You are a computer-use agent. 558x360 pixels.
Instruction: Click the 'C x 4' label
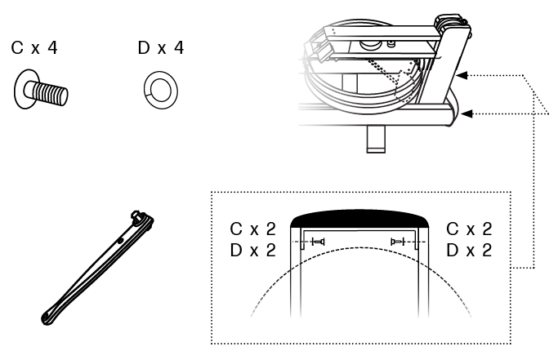tap(34, 47)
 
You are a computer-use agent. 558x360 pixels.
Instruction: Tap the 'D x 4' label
tap(161, 47)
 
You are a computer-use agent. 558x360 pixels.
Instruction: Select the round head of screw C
tap(22, 89)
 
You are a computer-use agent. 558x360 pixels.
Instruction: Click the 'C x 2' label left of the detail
tap(252, 229)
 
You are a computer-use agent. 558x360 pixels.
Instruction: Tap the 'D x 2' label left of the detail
tap(252, 251)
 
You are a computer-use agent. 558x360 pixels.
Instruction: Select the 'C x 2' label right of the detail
tap(469, 229)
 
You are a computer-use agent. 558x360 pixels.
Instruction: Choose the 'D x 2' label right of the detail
tap(469, 251)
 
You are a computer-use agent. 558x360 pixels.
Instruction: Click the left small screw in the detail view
tap(318, 242)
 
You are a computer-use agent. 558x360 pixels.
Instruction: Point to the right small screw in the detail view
tap(398, 242)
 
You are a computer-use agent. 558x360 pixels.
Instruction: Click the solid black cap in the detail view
tap(359, 219)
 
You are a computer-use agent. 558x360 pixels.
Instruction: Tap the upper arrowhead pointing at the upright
tap(462, 75)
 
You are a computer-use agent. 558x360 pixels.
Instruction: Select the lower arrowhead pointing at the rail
tap(466, 113)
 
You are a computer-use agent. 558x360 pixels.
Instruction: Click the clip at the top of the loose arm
tap(142, 218)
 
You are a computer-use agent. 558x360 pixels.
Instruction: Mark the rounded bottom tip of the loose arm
tap(47, 318)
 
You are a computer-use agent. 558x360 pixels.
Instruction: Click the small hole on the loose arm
tap(120, 241)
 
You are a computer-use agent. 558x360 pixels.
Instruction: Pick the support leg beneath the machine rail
tap(376, 139)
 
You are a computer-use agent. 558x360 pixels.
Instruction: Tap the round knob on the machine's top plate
tap(369, 45)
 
